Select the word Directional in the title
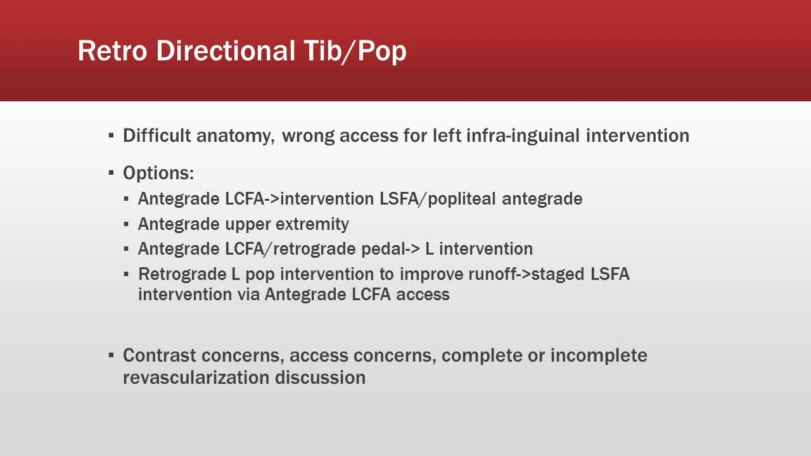[x=225, y=51]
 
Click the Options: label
[x=158, y=173]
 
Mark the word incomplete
[x=599, y=355]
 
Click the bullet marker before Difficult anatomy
[x=111, y=136]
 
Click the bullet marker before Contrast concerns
[x=111, y=355]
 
